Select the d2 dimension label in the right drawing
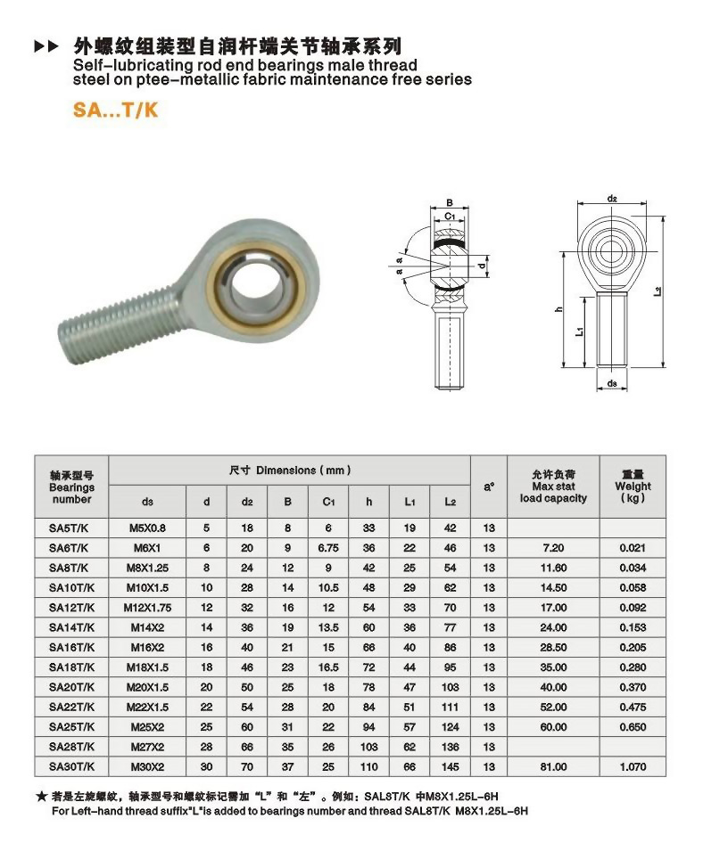click(612, 198)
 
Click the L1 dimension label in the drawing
click(580, 331)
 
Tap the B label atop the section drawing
click(450, 202)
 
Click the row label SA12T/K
click(70, 606)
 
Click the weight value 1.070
click(633, 765)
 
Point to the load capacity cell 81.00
click(553, 765)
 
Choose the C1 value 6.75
click(327, 547)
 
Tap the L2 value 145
click(451, 765)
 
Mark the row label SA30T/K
click(70, 765)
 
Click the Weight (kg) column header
click(633, 486)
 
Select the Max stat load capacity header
click(553, 487)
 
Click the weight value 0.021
click(633, 547)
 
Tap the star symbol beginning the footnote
click(41, 795)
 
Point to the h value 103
click(368, 746)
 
